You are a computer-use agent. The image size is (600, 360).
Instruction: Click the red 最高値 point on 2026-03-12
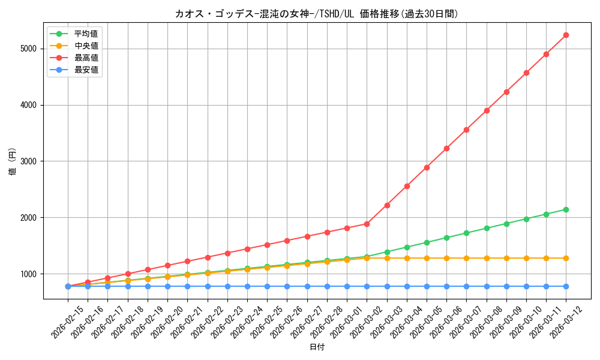click(566, 35)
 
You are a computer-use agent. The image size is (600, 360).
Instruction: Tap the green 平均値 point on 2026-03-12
click(566, 209)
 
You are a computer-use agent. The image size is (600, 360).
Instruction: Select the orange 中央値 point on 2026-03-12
click(566, 258)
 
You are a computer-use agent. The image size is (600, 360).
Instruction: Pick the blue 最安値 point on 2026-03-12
click(566, 286)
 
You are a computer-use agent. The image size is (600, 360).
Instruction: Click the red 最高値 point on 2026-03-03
click(387, 205)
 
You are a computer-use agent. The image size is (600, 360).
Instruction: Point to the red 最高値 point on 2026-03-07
click(466, 130)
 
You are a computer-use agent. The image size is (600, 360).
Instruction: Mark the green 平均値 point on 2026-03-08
click(487, 228)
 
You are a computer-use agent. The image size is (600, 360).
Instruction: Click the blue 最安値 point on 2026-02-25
click(267, 286)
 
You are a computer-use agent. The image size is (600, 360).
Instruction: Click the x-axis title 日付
click(317, 347)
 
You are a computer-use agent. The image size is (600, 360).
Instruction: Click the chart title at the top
click(317, 14)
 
